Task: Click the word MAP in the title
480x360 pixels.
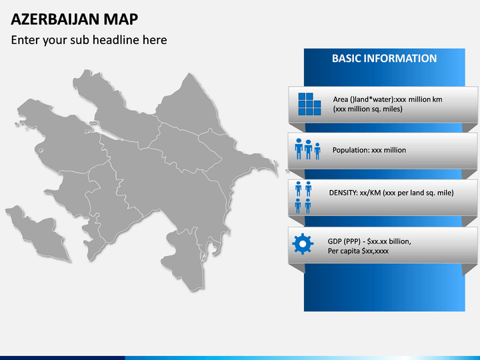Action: pyautogui.click(x=121, y=19)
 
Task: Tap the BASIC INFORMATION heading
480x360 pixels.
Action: pyautogui.click(x=384, y=59)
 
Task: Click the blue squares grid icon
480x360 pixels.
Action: pyautogui.click(x=309, y=104)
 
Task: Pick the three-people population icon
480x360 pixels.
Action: pyautogui.click(x=307, y=149)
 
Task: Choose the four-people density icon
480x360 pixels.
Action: pyautogui.click(x=303, y=197)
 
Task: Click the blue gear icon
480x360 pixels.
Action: pyautogui.click(x=303, y=244)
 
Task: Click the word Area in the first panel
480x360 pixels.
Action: pyautogui.click(x=341, y=99)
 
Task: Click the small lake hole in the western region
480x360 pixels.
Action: pyautogui.click(x=40, y=150)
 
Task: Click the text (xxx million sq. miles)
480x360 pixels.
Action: pyautogui.click(x=367, y=109)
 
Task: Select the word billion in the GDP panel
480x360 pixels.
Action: pyautogui.click(x=400, y=241)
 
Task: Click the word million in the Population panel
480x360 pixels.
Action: pyautogui.click(x=395, y=150)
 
